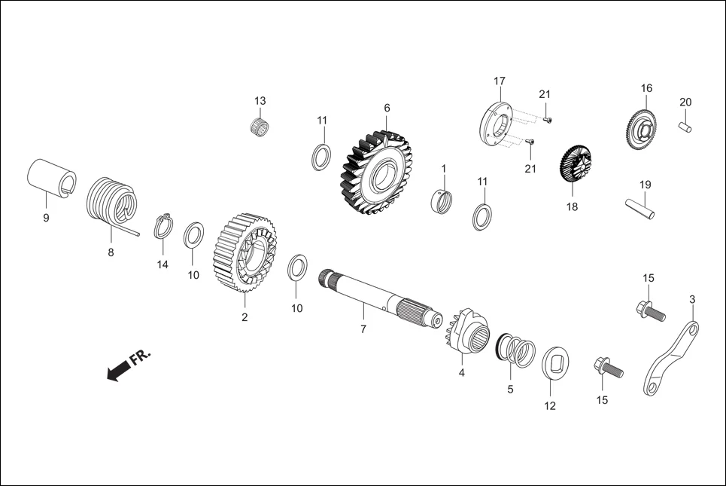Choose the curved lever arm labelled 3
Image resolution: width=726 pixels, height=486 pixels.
pos(671,359)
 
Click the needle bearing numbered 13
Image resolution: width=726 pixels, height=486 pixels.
pos(260,126)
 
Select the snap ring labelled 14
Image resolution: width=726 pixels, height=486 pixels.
pos(164,226)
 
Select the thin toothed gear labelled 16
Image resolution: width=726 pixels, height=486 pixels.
pos(642,129)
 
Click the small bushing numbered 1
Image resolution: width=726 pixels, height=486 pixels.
pos(444,201)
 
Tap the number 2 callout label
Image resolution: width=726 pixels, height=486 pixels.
pos(245,317)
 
